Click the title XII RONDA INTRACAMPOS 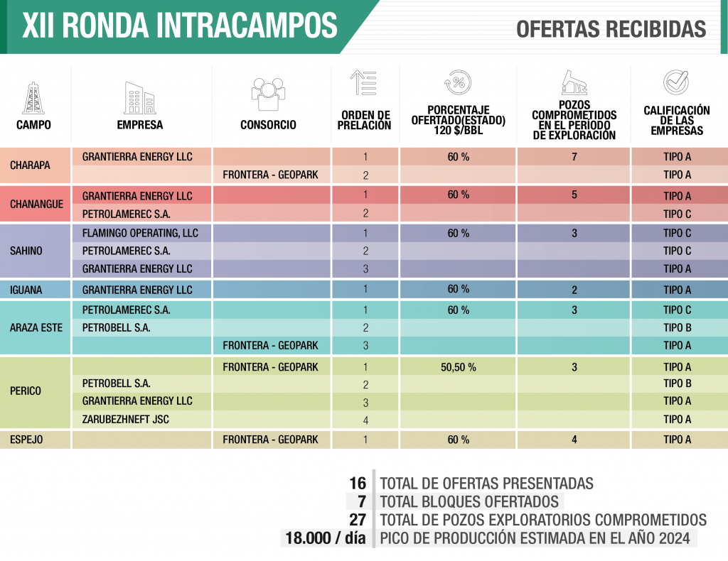[x=180, y=26]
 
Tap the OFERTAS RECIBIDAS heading [x=611, y=29]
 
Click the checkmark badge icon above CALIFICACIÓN [x=675, y=83]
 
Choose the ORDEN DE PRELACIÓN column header [x=365, y=120]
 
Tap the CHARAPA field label [x=30, y=165]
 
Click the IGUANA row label [x=26, y=290]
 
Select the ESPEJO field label [x=26, y=440]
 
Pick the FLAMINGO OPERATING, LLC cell [x=140, y=233]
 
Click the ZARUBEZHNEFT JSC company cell [x=127, y=419]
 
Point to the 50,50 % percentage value [x=458, y=367]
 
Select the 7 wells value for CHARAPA [x=574, y=156]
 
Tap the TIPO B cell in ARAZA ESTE [x=677, y=328]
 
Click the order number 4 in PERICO [x=365, y=420]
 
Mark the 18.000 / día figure [x=325, y=538]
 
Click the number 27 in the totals [x=358, y=520]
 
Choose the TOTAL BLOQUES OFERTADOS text [x=470, y=501]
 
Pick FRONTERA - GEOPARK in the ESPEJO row [x=270, y=440]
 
